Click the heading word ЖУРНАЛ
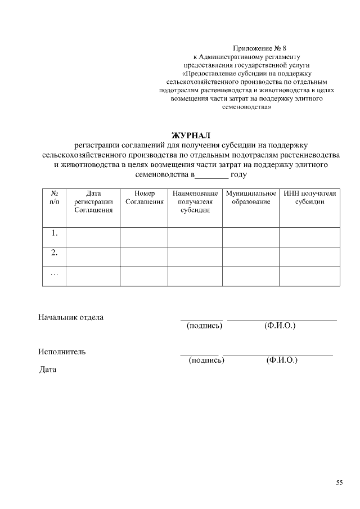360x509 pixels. coord(190,135)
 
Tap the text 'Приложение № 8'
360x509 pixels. coord(263,48)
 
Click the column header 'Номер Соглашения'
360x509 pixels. coord(144,197)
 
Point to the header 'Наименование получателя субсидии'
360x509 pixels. coord(195,201)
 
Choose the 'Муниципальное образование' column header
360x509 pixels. coord(251,197)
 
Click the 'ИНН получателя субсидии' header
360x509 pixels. coord(310,197)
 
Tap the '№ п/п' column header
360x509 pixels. coord(55,197)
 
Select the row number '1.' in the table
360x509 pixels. coord(55,233)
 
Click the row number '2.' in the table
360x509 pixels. coord(55,253)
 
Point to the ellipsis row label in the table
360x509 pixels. coord(55,273)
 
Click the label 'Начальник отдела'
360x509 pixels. coord(71,317)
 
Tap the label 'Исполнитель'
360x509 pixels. coord(62,352)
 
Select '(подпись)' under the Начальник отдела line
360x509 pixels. coord(204,326)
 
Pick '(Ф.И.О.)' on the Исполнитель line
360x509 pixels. coord(282,360)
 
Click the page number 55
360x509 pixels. coord(339,483)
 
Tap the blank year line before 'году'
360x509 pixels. coord(211,175)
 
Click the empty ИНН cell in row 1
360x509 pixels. coord(310,237)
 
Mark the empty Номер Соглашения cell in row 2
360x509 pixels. coord(144,256)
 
